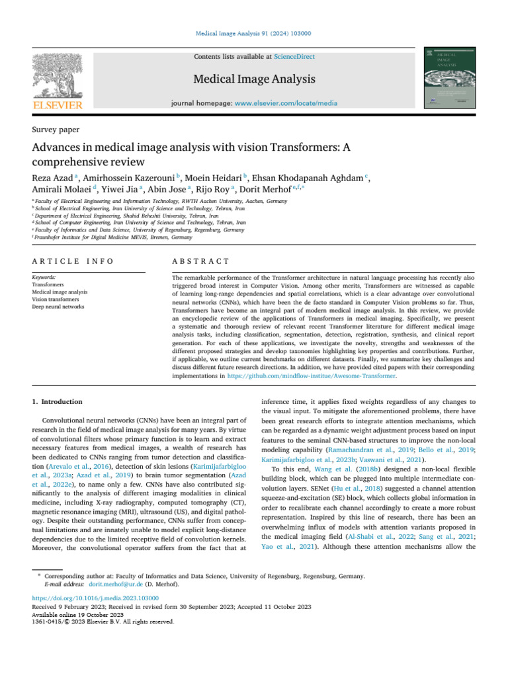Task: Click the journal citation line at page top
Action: pyautogui.click(x=253, y=34)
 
